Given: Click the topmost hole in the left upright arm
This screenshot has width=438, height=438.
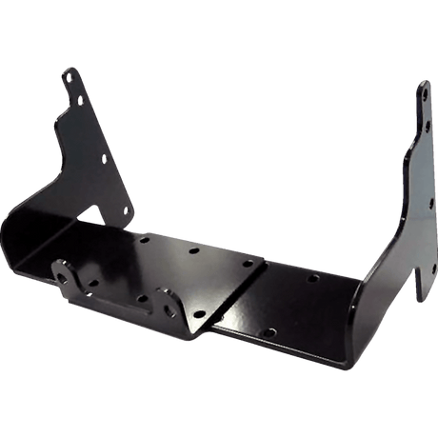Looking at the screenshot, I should [70, 77].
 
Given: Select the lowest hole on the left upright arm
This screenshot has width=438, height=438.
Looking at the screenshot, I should [127, 210].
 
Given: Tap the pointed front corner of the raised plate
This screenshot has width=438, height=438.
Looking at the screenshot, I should [195, 334].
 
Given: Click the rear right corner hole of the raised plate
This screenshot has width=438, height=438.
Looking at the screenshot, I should [248, 263].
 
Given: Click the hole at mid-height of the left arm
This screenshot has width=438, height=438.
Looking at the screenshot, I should [105, 158].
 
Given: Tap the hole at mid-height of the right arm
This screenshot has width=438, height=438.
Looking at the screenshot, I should [431, 201].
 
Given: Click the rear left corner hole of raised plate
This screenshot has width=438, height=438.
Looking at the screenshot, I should [144, 240].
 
